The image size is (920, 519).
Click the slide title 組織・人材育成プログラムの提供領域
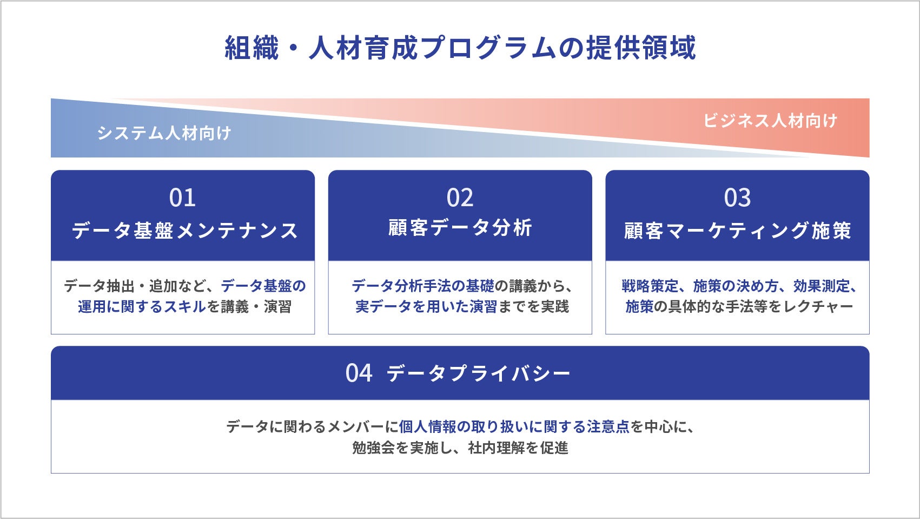(460, 48)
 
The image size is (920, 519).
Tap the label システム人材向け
(164, 133)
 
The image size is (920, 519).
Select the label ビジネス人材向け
(770, 120)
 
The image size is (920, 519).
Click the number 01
(182, 198)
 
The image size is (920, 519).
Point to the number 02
(460, 198)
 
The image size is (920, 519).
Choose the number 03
(737, 198)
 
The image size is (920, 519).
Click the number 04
(359, 373)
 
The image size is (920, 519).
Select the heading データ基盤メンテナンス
(185, 231)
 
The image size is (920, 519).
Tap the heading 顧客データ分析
(460, 228)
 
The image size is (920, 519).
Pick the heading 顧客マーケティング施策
(738, 231)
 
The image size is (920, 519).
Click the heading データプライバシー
(479, 373)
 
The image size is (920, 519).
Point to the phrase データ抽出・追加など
(135, 286)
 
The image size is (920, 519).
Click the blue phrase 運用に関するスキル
(142, 307)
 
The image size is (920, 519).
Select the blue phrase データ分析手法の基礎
(423, 286)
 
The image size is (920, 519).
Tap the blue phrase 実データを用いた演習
(426, 307)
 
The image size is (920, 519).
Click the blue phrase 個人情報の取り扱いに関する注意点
(514, 427)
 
